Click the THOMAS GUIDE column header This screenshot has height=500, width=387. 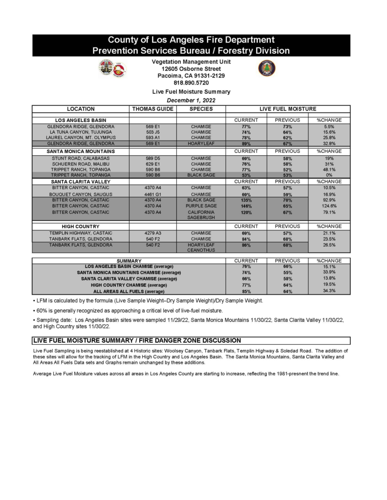click(x=152, y=109)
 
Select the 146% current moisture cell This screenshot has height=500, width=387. click(x=246, y=206)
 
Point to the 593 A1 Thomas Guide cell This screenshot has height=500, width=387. click(x=152, y=138)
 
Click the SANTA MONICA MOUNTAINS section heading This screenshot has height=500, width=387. click(x=81, y=151)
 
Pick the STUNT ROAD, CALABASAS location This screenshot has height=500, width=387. click(x=81, y=158)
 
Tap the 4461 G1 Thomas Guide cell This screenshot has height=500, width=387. click(x=152, y=194)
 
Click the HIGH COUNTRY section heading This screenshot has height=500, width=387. click(x=81, y=227)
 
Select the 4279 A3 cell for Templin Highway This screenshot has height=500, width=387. click(x=152, y=233)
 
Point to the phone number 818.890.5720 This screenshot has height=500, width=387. click(x=191, y=83)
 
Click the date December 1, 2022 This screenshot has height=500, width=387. click(x=191, y=100)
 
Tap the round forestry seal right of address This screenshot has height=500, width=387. click(x=266, y=68)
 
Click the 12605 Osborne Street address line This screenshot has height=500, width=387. click(x=191, y=69)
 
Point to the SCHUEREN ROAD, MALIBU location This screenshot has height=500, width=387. click(x=81, y=164)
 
